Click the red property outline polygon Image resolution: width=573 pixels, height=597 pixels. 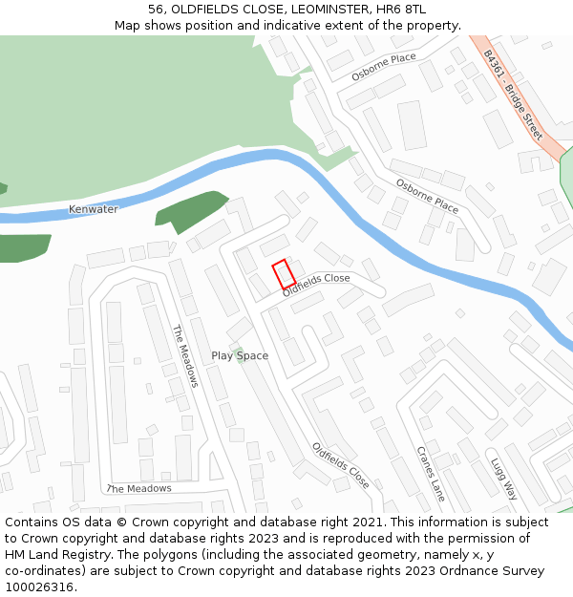point(284,274)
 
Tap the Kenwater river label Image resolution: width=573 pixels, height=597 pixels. point(94,209)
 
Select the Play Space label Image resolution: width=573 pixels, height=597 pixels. point(240,355)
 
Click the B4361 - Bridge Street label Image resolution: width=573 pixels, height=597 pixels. point(513,96)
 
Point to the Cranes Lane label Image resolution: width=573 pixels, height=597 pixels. point(431,473)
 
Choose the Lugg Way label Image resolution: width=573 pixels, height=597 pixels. point(503,478)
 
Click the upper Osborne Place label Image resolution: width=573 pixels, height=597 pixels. point(384,66)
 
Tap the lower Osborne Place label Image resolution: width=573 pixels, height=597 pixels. point(427,197)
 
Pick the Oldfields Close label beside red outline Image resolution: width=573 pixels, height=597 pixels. point(316,285)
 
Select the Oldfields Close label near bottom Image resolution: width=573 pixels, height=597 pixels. point(340,464)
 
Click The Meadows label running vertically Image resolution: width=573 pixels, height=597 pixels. point(184,355)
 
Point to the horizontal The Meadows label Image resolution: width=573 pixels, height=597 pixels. point(139,488)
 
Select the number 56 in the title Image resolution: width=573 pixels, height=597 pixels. point(156,10)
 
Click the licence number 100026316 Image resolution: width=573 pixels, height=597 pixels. point(40,586)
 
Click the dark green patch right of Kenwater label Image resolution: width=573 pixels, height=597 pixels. point(191,209)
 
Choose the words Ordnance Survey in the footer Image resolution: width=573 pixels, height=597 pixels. point(496,570)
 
